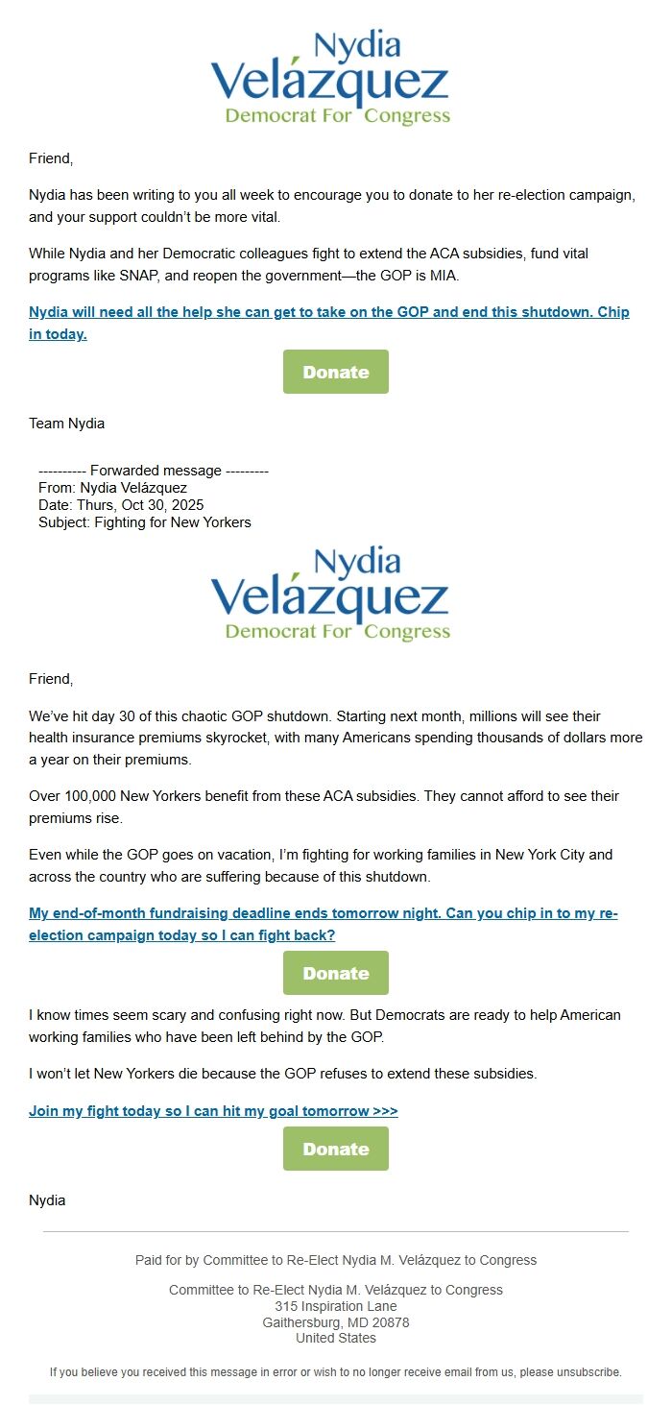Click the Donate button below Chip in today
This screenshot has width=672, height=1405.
pos(335,372)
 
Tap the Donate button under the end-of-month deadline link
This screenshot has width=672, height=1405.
pos(335,973)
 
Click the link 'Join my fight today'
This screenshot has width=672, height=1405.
pos(213,1111)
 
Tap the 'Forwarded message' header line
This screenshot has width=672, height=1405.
pos(154,471)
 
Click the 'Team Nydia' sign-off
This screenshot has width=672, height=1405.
pos(67,424)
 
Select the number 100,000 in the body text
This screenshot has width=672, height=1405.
pos(95,796)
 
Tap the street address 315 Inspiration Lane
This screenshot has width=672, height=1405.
pos(335,1306)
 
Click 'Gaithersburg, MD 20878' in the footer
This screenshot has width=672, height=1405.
pos(335,1322)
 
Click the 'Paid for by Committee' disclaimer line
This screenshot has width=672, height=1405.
pos(335,1260)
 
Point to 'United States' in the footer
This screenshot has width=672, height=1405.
pos(335,1338)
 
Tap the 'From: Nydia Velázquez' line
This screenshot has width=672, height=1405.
pos(113,488)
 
